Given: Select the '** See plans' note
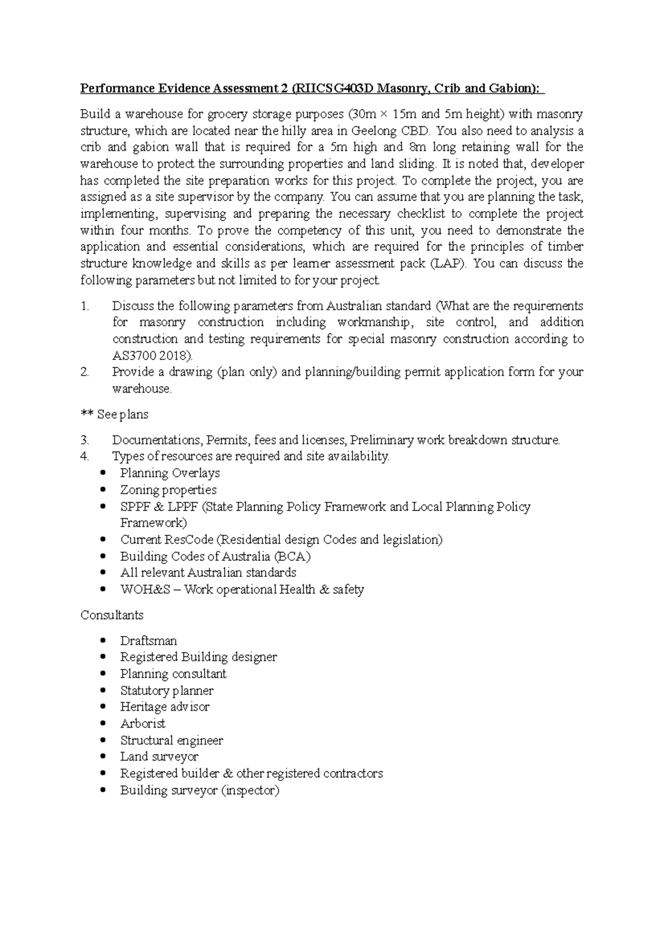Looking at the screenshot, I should pos(115,414).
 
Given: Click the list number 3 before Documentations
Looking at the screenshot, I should pos(84,440).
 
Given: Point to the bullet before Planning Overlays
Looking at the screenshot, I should pos(103,473).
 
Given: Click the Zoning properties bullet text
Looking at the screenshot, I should pos(168,490).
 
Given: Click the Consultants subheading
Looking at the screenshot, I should pos(112,615).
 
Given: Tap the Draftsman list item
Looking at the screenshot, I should pos(148,641).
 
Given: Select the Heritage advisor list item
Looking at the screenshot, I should pos(164,707).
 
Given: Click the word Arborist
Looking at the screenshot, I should pos(143,723).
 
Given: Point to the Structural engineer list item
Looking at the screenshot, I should pos(172,740).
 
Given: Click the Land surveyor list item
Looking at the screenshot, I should pos(159,757).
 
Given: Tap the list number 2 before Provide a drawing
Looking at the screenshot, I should pos(84,372).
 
